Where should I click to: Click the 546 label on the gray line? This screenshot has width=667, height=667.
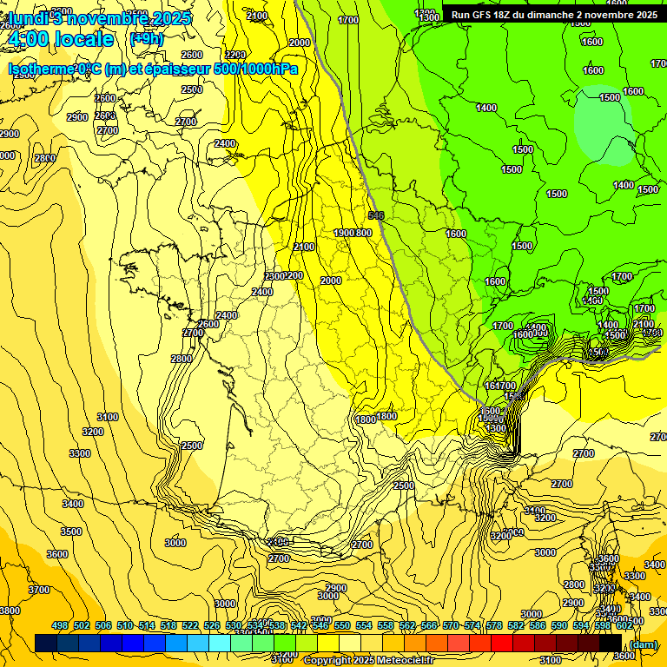click(x=376, y=215)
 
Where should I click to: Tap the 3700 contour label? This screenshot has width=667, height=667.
click(x=39, y=589)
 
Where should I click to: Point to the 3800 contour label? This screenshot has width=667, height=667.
click(x=10, y=611)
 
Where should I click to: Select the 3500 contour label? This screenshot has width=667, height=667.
click(x=70, y=532)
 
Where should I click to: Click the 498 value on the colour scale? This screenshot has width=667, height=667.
click(x=59, y=625)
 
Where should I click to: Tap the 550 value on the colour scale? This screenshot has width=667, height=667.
click(x=342, y=625)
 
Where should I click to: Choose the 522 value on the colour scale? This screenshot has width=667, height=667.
click(x=189, y=625)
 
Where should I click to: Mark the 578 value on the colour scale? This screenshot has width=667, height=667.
click(x=494, y=625)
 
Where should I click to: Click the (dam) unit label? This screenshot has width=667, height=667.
click(x=643, y=644)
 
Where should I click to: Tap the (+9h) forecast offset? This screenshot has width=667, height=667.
click(x=145, y=39)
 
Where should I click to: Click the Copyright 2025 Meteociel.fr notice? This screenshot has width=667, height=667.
click(x=368, y=660)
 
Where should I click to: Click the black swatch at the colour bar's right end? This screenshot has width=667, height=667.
click(x=611, y=643)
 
